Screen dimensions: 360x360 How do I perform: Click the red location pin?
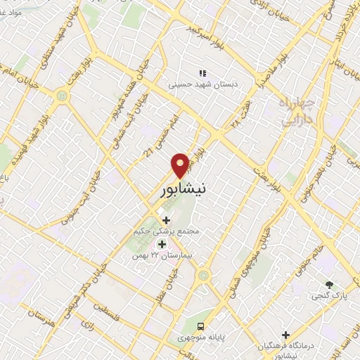[x=180, y=165]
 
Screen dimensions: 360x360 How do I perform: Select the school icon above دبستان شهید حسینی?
[x=202, y=72]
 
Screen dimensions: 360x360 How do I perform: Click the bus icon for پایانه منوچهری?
[x=201, y=326]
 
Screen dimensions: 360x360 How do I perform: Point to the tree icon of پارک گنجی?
[x=328, y=284]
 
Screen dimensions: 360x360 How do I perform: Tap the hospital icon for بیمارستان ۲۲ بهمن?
[x=162, y=244]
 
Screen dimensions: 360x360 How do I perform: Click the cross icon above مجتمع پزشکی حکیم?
[x=166, y=221]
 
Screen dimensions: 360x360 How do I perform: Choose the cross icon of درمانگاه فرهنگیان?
[x=285, y=335]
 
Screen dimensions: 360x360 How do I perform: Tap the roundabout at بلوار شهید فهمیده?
[x=63, y=95]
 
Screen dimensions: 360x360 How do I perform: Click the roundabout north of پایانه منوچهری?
[x=203, y=274]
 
